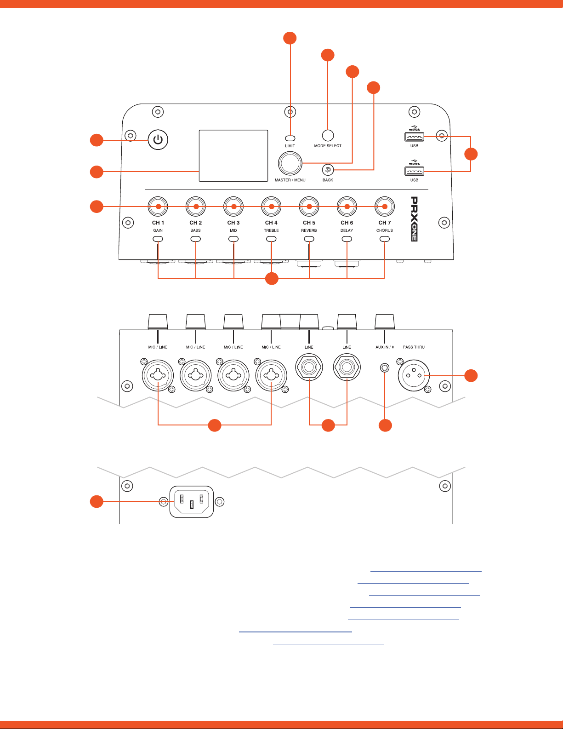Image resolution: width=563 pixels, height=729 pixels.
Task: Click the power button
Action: click(158, 139)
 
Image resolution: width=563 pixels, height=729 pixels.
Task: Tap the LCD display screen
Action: click(233, 155)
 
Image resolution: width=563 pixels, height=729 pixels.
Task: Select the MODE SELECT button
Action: click(328, 135)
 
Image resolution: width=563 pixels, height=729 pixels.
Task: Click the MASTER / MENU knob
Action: click(290, 163)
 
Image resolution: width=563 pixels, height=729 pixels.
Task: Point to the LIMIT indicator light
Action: click(290, 138)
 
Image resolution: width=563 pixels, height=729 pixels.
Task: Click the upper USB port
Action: click(414, 137)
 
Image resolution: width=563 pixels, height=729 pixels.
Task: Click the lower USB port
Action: click(414, 171)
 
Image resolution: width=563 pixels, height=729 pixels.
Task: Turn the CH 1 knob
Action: click(158, 207)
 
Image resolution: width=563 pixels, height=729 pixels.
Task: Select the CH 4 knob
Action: click(271, 207)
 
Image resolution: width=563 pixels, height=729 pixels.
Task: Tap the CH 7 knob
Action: click(385, 207)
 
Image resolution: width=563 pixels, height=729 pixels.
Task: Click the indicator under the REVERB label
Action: click(309, 239)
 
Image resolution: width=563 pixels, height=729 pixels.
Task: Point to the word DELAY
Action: click(347, 230)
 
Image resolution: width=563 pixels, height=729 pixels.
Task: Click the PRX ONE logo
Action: click(414, 219)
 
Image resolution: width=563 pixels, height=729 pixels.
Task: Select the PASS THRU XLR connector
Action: click(414, 375)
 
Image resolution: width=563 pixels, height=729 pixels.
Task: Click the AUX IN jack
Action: click(385, 368)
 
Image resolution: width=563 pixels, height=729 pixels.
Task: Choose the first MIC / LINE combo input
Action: click(158, 375)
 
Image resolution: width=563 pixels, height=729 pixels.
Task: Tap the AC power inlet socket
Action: click(192, 501)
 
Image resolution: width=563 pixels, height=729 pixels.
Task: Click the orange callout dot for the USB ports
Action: click(471, 154)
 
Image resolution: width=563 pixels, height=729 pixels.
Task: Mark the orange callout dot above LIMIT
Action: click(290, 38)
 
